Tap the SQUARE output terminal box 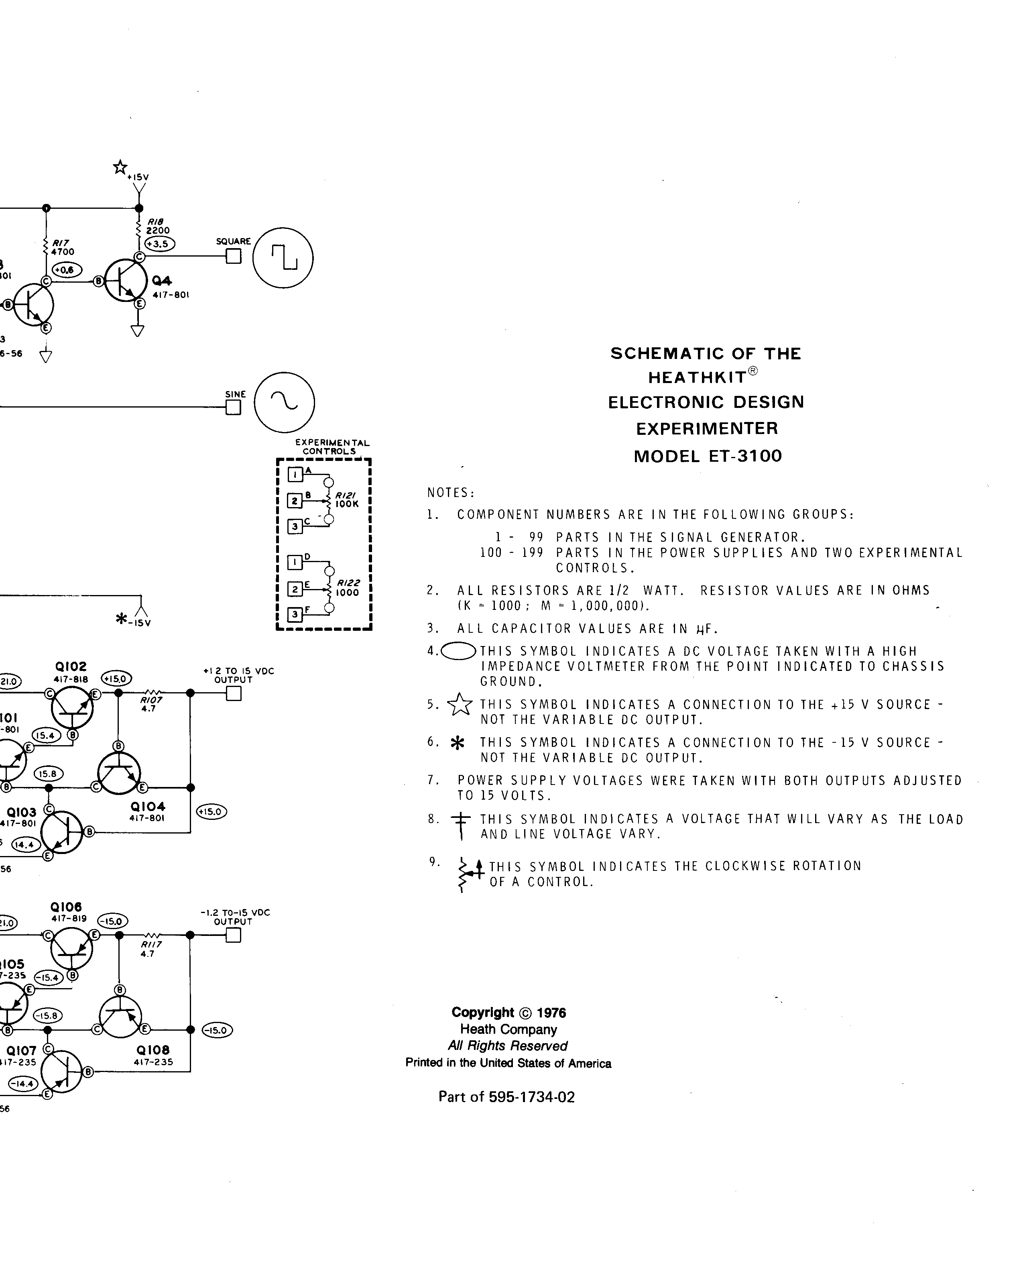tap(234, 256)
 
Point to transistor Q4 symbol tap(126, 280)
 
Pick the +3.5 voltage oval tap(160, 244)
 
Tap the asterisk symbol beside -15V tap(122, 619)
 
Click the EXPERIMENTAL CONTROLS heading tap(332, 447)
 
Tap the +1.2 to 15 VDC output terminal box tap(234, 693)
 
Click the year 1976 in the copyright tap(551, 1013)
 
